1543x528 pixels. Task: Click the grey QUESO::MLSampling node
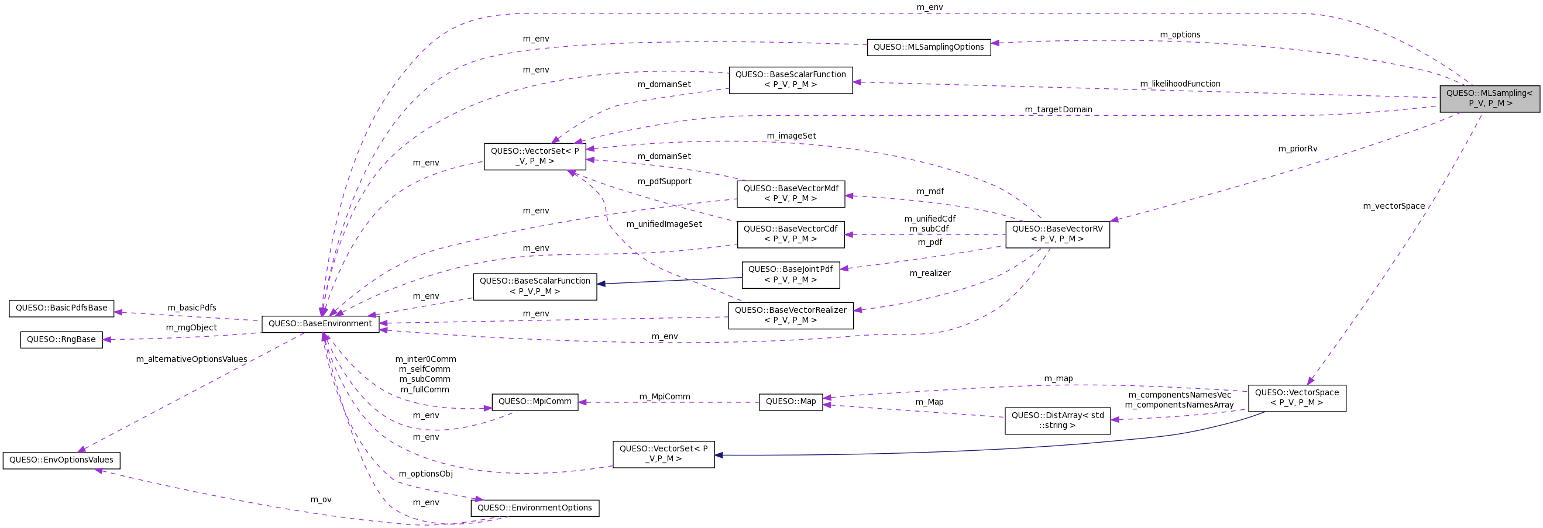tap(1489, 98)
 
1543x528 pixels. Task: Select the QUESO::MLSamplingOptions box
tap(929, 47)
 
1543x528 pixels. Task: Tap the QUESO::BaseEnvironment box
tap(321, 324)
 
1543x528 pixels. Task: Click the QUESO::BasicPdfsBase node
tap(61, 308)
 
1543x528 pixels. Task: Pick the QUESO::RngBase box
tap(61, 339)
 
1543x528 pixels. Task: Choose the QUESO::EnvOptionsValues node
tap(61, 460)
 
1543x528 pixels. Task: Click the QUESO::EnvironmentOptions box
tap(534, 508)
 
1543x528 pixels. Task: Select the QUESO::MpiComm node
tap(534, 402)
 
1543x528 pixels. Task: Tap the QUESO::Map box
tap(791, 402)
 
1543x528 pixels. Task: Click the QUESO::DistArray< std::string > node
tap(1057, 421)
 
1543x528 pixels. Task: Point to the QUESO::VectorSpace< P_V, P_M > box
tap(1297, 398)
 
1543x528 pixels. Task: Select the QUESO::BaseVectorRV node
tap(1057, 234)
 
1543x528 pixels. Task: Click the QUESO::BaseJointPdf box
tap(791, 275)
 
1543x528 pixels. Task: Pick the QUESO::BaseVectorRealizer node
tap(791, 316)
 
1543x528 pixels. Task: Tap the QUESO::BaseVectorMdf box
tap(791, 194)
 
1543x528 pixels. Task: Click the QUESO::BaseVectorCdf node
tap(791, 234)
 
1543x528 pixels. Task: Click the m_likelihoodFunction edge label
tap(1180, 84)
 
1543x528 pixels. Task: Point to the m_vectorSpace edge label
tap(1393, 206)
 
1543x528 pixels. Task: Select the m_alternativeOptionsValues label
tap(192, 360)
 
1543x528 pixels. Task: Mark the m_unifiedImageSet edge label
tap(664, 225)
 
